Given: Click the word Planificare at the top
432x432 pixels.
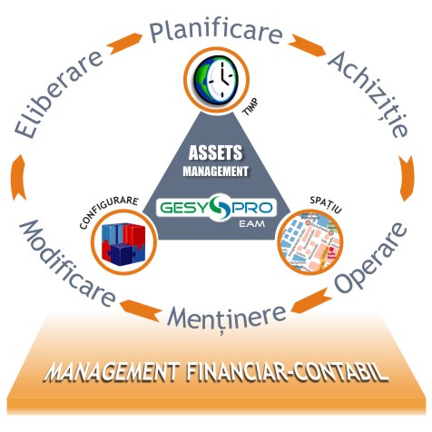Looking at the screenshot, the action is pos(216,31).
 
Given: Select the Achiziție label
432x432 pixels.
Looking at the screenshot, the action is pos(368,94).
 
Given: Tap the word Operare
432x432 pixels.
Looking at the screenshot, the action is pos(370,258).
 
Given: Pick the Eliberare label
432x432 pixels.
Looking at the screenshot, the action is pos(58,94).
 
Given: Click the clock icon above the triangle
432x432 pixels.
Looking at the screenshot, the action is pos(216,80).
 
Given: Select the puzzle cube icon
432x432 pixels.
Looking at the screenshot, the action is pos(123,242).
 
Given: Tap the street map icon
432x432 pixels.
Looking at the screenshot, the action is pos(309,242).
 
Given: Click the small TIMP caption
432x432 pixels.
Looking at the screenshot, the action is pos(250,107).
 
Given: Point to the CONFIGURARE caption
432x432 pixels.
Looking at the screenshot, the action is pos(109,211).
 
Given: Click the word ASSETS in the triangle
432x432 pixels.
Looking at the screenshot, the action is pos(215,152).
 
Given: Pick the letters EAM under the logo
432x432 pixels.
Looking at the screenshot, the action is pos(251,224).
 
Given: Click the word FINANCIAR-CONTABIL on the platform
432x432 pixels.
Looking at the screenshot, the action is pos(287,372).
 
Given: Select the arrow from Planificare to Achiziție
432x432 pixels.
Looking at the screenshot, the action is pos(307,45).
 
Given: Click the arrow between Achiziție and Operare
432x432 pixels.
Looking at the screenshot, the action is pos(407,179).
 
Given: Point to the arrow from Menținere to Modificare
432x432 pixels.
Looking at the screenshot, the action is pos(140,309).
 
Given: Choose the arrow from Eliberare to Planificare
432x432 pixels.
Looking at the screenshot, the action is pos(124,44).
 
